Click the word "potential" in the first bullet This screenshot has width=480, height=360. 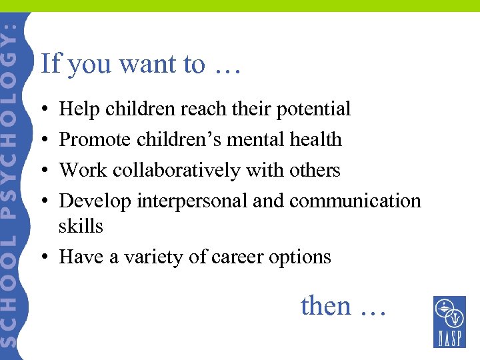[x=314, y=109]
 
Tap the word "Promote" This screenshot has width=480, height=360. [x=95, y=140]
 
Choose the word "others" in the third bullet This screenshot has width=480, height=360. [x=315, y=171]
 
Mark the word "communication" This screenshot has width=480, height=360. [x=355, y=201]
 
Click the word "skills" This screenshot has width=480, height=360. [x=81, y=227]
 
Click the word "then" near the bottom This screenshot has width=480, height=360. [x=325, y=306]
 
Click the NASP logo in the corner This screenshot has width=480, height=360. [x=449, y=321]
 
